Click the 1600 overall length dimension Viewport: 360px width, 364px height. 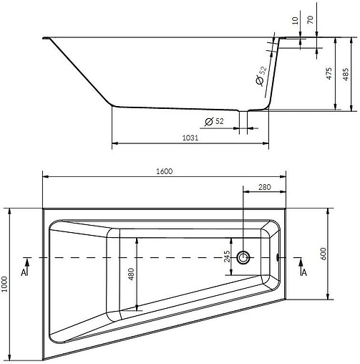click(x=165, y=171)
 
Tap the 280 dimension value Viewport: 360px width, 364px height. click(x=265, y=187)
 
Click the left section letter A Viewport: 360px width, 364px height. click(x=24, y=272)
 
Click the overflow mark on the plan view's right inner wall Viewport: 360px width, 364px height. click(x=278, y=257)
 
